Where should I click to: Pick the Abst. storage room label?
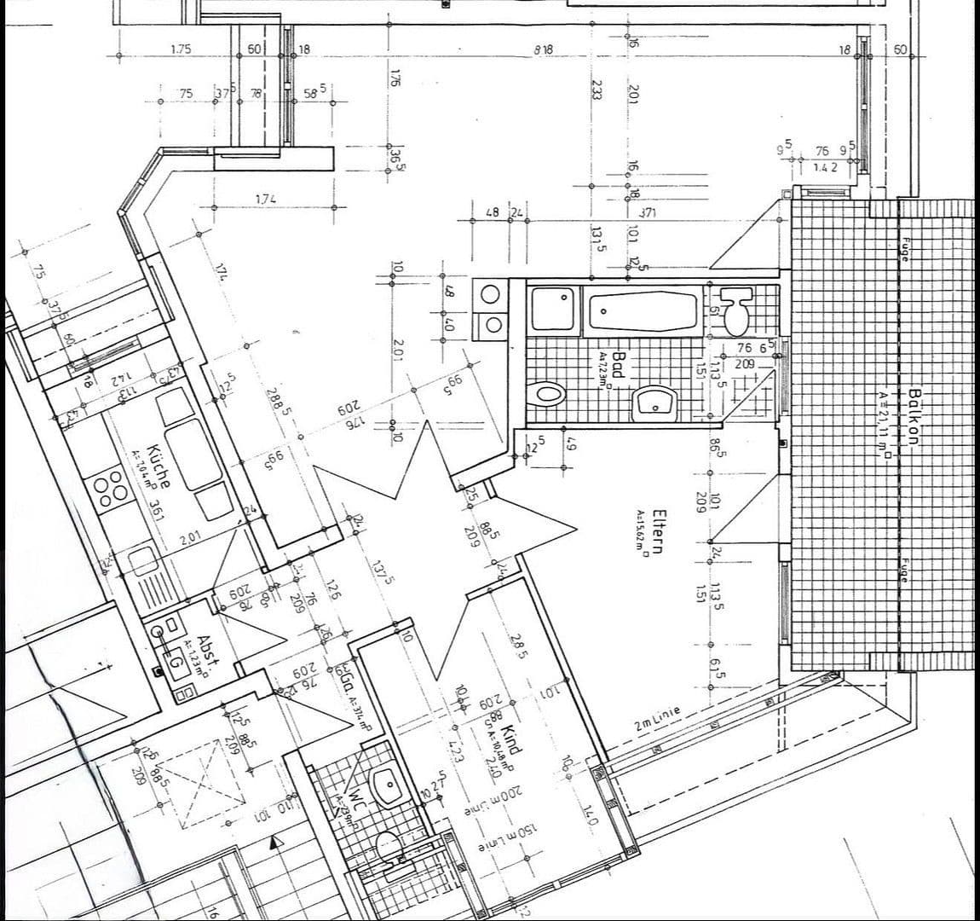coord(205,652)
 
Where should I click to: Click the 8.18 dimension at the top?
coord(543,50)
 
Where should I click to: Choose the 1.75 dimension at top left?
coord(181,49)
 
